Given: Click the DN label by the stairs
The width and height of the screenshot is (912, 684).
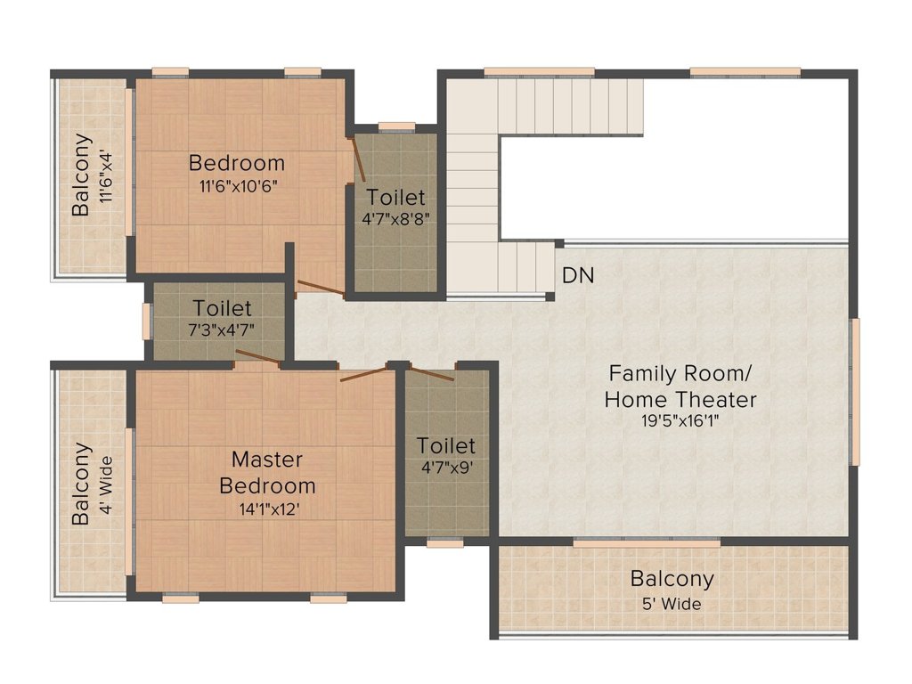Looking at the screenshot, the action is (x=578, y=276).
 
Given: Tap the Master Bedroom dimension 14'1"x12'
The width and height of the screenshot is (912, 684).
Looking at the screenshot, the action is (x=269, y=509).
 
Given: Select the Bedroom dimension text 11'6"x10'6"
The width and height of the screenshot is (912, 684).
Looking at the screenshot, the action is (x=238, y=187).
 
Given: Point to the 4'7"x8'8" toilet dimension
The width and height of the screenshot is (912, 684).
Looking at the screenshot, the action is (x=395, y=219).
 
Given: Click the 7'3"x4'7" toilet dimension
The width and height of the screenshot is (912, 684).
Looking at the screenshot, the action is (x=221, y=330).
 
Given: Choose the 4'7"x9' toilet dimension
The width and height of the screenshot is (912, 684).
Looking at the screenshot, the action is (x=446, y=468).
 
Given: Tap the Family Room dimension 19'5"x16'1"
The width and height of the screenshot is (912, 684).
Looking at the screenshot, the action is (x=680, y=420).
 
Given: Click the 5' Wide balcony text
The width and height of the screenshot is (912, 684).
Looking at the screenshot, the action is (x=672, y=605).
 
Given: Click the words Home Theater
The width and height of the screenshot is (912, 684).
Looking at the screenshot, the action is (x=680, y=400).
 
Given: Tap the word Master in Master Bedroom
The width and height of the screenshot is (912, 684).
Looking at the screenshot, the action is (x=267, y=460).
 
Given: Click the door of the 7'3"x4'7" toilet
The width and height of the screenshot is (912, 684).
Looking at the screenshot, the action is (x=257, y=357).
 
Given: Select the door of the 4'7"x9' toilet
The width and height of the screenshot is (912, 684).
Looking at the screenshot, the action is (x=431, y=373).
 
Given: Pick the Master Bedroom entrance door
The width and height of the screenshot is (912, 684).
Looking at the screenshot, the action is (x=363, y=374).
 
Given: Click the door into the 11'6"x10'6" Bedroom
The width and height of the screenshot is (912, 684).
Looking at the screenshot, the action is (x=320, y=287).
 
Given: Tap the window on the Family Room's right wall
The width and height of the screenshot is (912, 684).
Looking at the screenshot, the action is (x=855, y=392).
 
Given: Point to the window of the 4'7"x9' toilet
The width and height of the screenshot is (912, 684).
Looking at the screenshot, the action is (x=445, y=543).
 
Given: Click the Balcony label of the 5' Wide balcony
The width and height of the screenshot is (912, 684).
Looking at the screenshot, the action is (x=672, y=580).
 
